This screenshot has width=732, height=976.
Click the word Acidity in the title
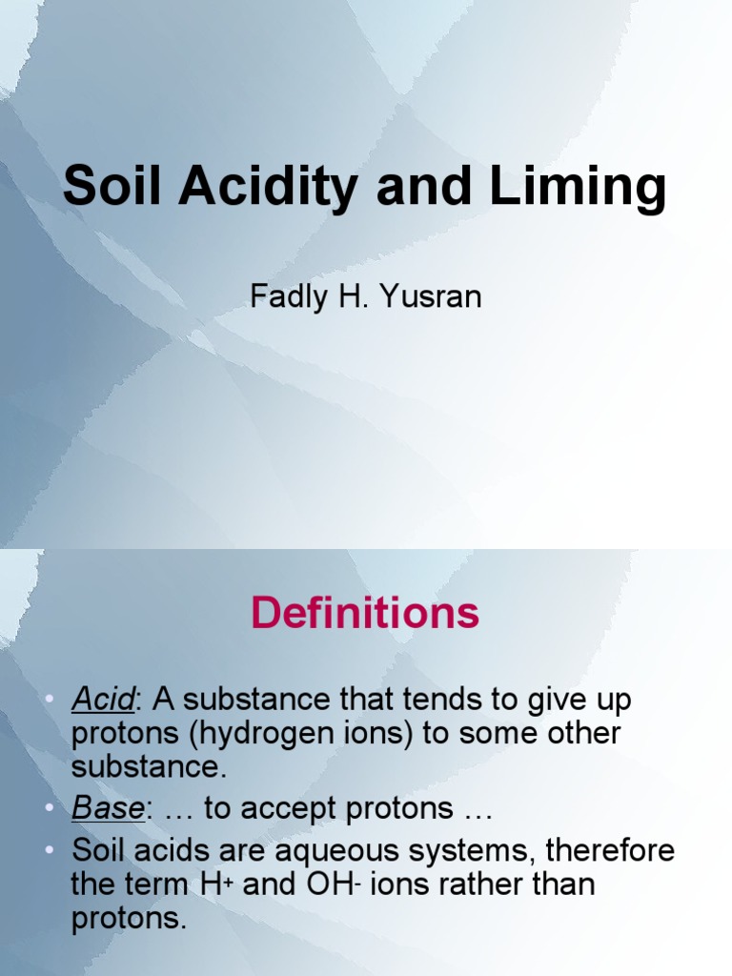258,186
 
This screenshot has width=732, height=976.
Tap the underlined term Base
107,809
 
